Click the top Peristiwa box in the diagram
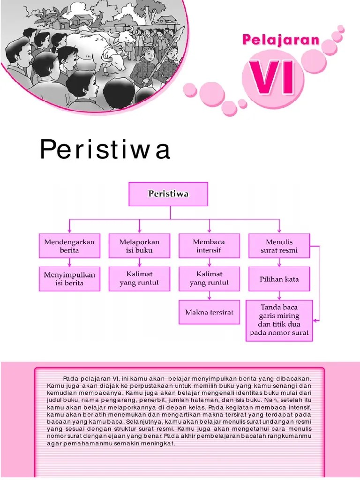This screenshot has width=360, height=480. click(168, 194)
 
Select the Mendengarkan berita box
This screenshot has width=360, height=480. click(69, 246)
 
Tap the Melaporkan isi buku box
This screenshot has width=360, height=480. click(139, 246)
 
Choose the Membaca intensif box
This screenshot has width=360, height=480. click(209, 246)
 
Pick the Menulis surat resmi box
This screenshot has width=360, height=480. click(279, 246)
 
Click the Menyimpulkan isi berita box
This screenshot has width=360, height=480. click(69, 278)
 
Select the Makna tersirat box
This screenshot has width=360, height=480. click(209, 312)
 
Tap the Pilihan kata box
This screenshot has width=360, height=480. click(279, 279)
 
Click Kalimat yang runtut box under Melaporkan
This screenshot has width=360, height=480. click(139, 278)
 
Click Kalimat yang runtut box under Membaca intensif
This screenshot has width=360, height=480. click(209, 278)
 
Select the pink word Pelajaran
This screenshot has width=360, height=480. click(281, 40)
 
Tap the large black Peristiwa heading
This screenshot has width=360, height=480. click(105, 150)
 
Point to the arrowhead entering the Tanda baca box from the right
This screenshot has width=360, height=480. click(315, 321)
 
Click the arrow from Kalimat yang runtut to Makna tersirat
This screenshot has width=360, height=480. click(209, 295)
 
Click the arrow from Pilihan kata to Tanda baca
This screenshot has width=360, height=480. click(279, 295)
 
